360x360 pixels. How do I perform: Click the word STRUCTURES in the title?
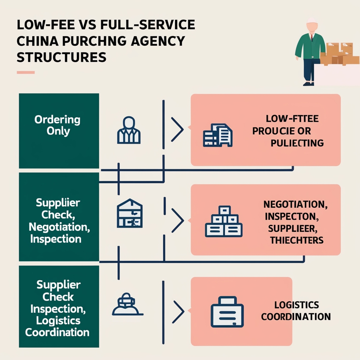(x=62, y=57)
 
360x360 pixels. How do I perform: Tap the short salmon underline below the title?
(x=26, y=72)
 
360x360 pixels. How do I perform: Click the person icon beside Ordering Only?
(x=128, y=130)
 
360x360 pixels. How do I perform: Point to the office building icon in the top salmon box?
(x=218, y=135)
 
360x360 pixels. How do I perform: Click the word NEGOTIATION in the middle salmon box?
(x=294, y=204)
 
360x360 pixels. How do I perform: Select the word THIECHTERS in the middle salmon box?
(x=297, y=240)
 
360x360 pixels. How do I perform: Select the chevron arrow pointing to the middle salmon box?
(x=178, y=221)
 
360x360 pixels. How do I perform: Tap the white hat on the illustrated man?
(x=310, y=20)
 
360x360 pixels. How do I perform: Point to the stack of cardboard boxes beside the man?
(x=340, y=54)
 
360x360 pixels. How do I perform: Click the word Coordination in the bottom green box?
(x=57, y=332)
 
